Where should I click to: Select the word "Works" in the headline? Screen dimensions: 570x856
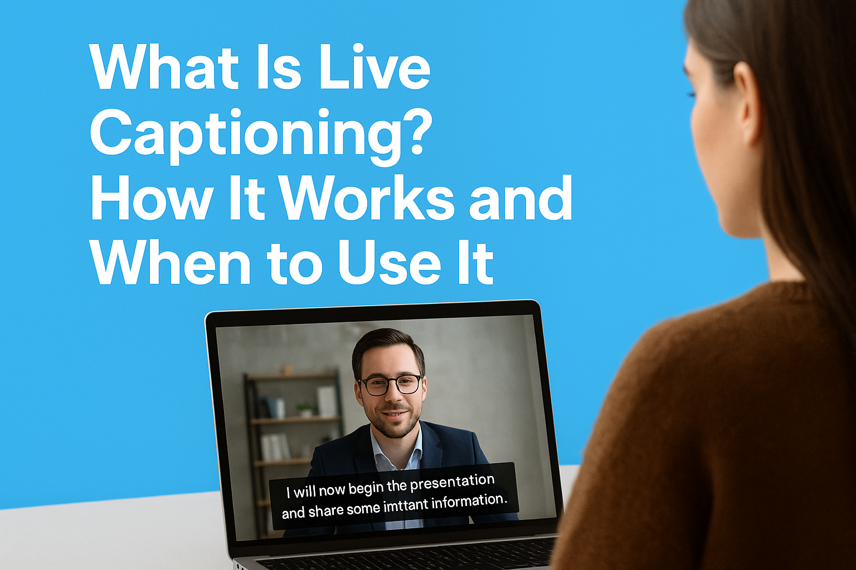coord(367,199)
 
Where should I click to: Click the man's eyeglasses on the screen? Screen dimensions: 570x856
coord(390,384)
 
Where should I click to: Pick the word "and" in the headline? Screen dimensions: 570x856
coord(521,199)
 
